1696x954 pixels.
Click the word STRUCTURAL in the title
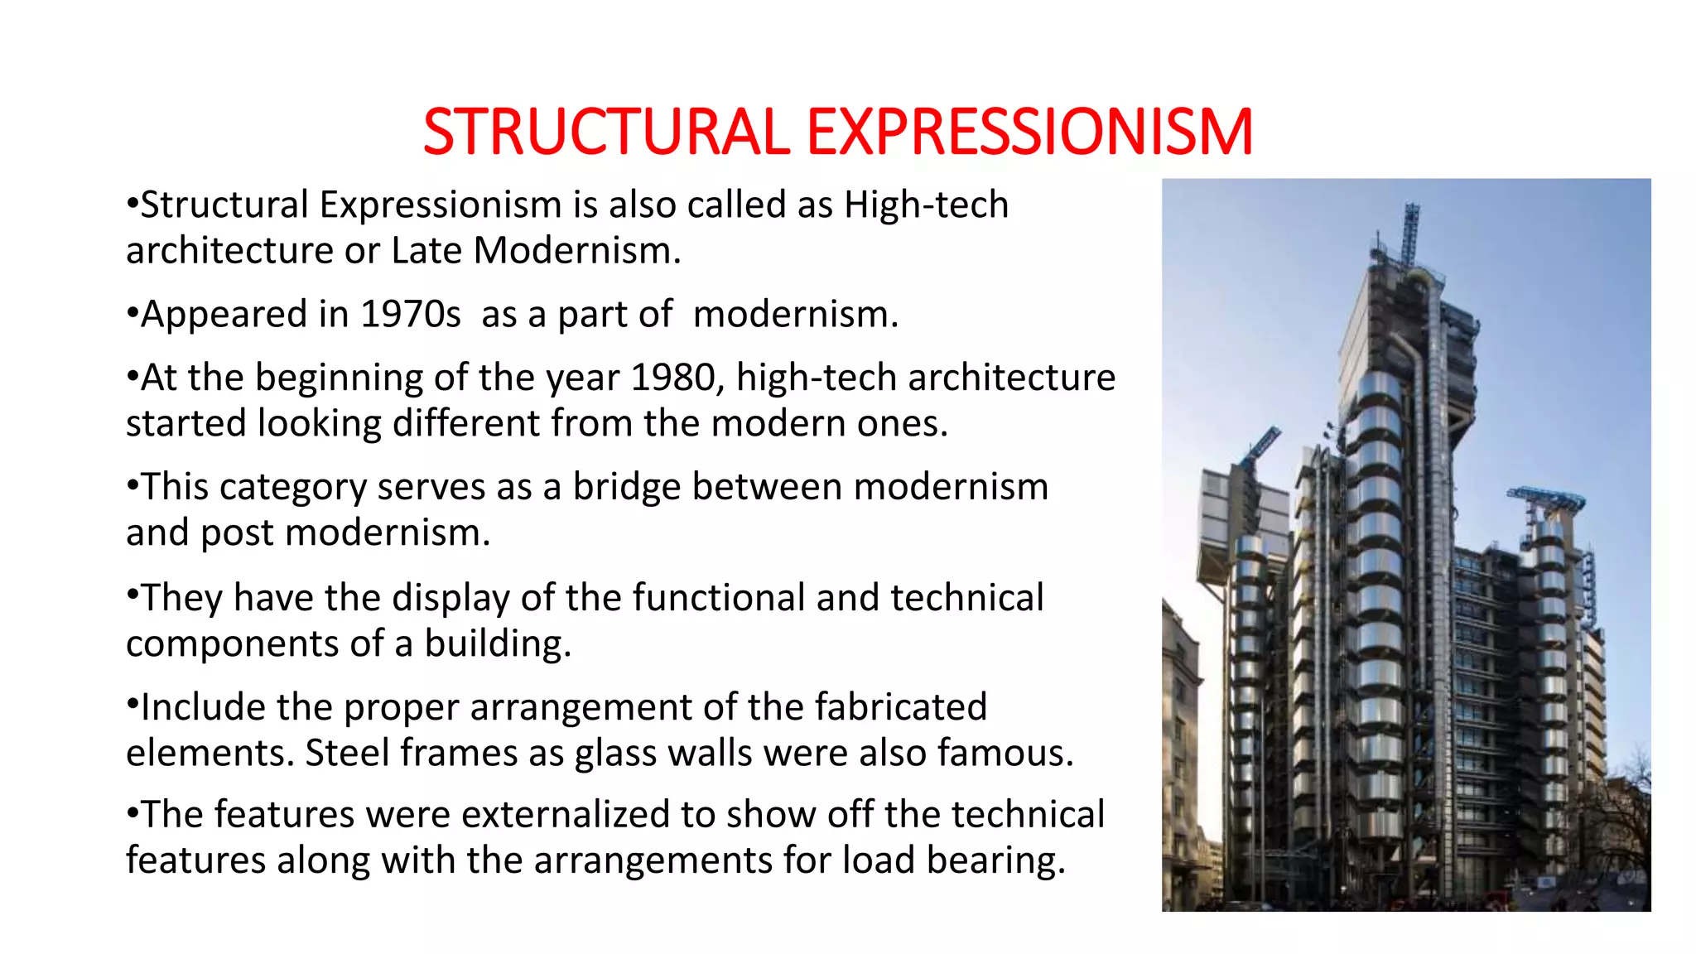(606, 132)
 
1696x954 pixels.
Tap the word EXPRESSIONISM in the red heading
(1029, 132)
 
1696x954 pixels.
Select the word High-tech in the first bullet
(926, 205)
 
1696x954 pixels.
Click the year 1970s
(411, 315)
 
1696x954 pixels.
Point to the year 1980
(672, 378)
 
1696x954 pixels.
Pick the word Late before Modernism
(427, 250)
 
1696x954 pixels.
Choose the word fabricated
(900, 707)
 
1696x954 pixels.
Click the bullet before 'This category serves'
(132, 484)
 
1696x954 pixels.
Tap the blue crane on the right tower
(1546, 499)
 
